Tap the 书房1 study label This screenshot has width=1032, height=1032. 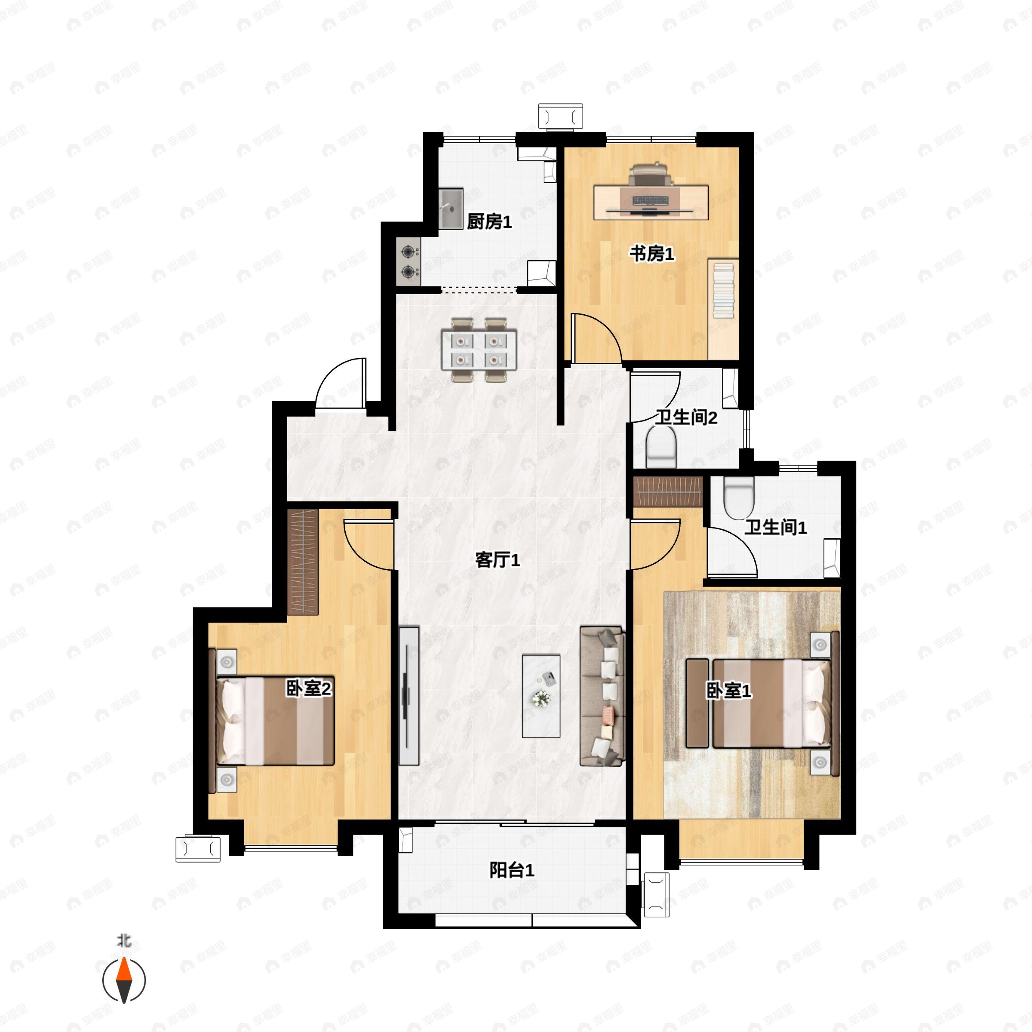[652, 253]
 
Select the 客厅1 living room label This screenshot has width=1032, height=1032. [498, 560]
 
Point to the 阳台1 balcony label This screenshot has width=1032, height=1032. [512, 870]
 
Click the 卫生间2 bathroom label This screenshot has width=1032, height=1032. [686, 417]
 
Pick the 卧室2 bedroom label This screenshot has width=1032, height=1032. [309, 688]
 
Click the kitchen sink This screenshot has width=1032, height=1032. [451, 208]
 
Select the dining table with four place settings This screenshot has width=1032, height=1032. [479, 349]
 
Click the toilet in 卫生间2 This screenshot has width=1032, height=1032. [661, 447]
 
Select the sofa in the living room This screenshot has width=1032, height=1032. [602, 696]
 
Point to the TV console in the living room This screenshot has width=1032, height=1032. [408, 695]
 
